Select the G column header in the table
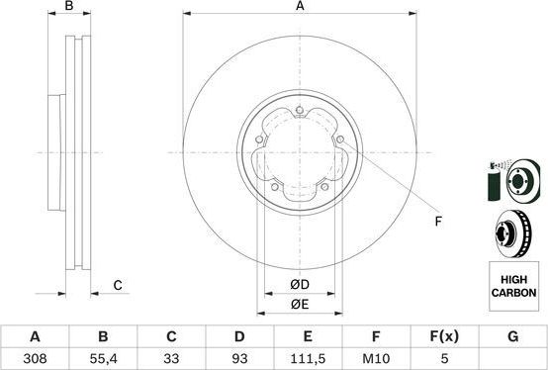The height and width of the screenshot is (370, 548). click(x=511, y=337)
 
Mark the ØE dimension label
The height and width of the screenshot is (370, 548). click(x=299, y=304)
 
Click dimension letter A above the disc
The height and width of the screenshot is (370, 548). click(x=299, y=7)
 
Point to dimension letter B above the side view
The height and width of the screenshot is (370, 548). click(x=68, y=7)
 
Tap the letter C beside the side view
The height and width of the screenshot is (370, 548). click(x=117, y=286)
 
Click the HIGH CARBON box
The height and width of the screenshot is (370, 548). click(x=513, y=287)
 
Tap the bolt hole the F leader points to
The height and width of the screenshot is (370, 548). click(x=339, y=138)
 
